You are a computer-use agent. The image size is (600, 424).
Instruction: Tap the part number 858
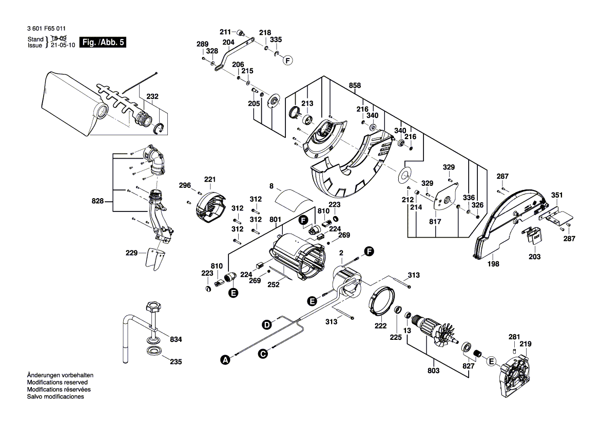coord(355,85)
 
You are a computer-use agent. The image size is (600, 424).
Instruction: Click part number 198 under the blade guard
coord(493,264)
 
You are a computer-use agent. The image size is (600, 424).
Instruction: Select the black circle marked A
coord(225,360)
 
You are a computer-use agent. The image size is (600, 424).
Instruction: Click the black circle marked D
coord(266,324)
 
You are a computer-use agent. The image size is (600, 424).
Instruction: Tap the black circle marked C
coord(263,353)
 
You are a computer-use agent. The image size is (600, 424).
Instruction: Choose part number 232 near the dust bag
coord(152,96)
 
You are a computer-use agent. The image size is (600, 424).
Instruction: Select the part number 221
coord(210,179)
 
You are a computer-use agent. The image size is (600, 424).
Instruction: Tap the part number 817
coord(436,222)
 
